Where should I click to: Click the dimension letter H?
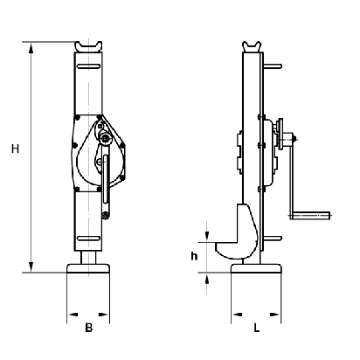15,149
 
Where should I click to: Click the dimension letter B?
89,328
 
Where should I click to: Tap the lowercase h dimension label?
194,256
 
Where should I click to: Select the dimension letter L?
256,328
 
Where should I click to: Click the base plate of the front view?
88,268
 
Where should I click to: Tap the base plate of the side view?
256,268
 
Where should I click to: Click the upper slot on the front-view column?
88,66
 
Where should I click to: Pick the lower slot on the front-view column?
88,239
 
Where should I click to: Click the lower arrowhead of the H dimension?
31,267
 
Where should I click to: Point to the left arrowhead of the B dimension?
73,315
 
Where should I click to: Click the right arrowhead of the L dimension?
275,315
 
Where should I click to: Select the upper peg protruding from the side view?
273,66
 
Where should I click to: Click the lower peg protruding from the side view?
273,239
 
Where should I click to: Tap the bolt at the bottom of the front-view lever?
106,216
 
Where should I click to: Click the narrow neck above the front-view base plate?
88,258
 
